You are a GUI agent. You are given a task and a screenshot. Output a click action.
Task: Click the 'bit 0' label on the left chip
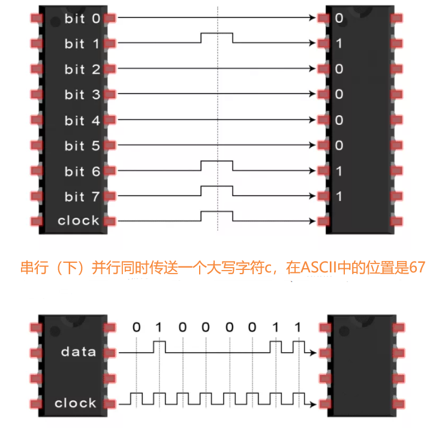[x=82, y=18]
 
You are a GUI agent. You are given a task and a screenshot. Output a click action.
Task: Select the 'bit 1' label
[x=82, y=44]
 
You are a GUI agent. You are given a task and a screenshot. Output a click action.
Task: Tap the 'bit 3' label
[x=82, y=95]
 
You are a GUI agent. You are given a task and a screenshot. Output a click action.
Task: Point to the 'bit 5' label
[x=82, y=146]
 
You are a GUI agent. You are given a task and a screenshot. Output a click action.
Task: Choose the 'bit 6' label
[x=82, y=172]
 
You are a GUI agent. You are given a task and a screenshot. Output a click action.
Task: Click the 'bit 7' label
[x=82, y=197]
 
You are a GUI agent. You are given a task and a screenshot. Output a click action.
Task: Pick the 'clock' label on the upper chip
[x=79, y=221]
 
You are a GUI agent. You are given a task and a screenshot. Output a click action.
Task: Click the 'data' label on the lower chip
[x=79, y=352]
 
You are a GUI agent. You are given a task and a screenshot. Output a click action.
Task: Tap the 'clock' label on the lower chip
[x=76, y=403]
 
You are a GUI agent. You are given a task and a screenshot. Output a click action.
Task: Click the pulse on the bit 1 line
[x=217, y=35]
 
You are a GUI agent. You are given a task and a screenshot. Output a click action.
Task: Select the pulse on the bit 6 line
[x=217, y=163]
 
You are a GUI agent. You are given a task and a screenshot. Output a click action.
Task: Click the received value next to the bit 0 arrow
[x=339, y=19]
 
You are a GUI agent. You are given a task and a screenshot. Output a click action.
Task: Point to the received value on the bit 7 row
[x=339, y=197]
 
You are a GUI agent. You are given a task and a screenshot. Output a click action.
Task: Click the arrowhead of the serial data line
[x=312, y=353]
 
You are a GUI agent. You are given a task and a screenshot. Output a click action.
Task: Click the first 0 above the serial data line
[x=136, y=328]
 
